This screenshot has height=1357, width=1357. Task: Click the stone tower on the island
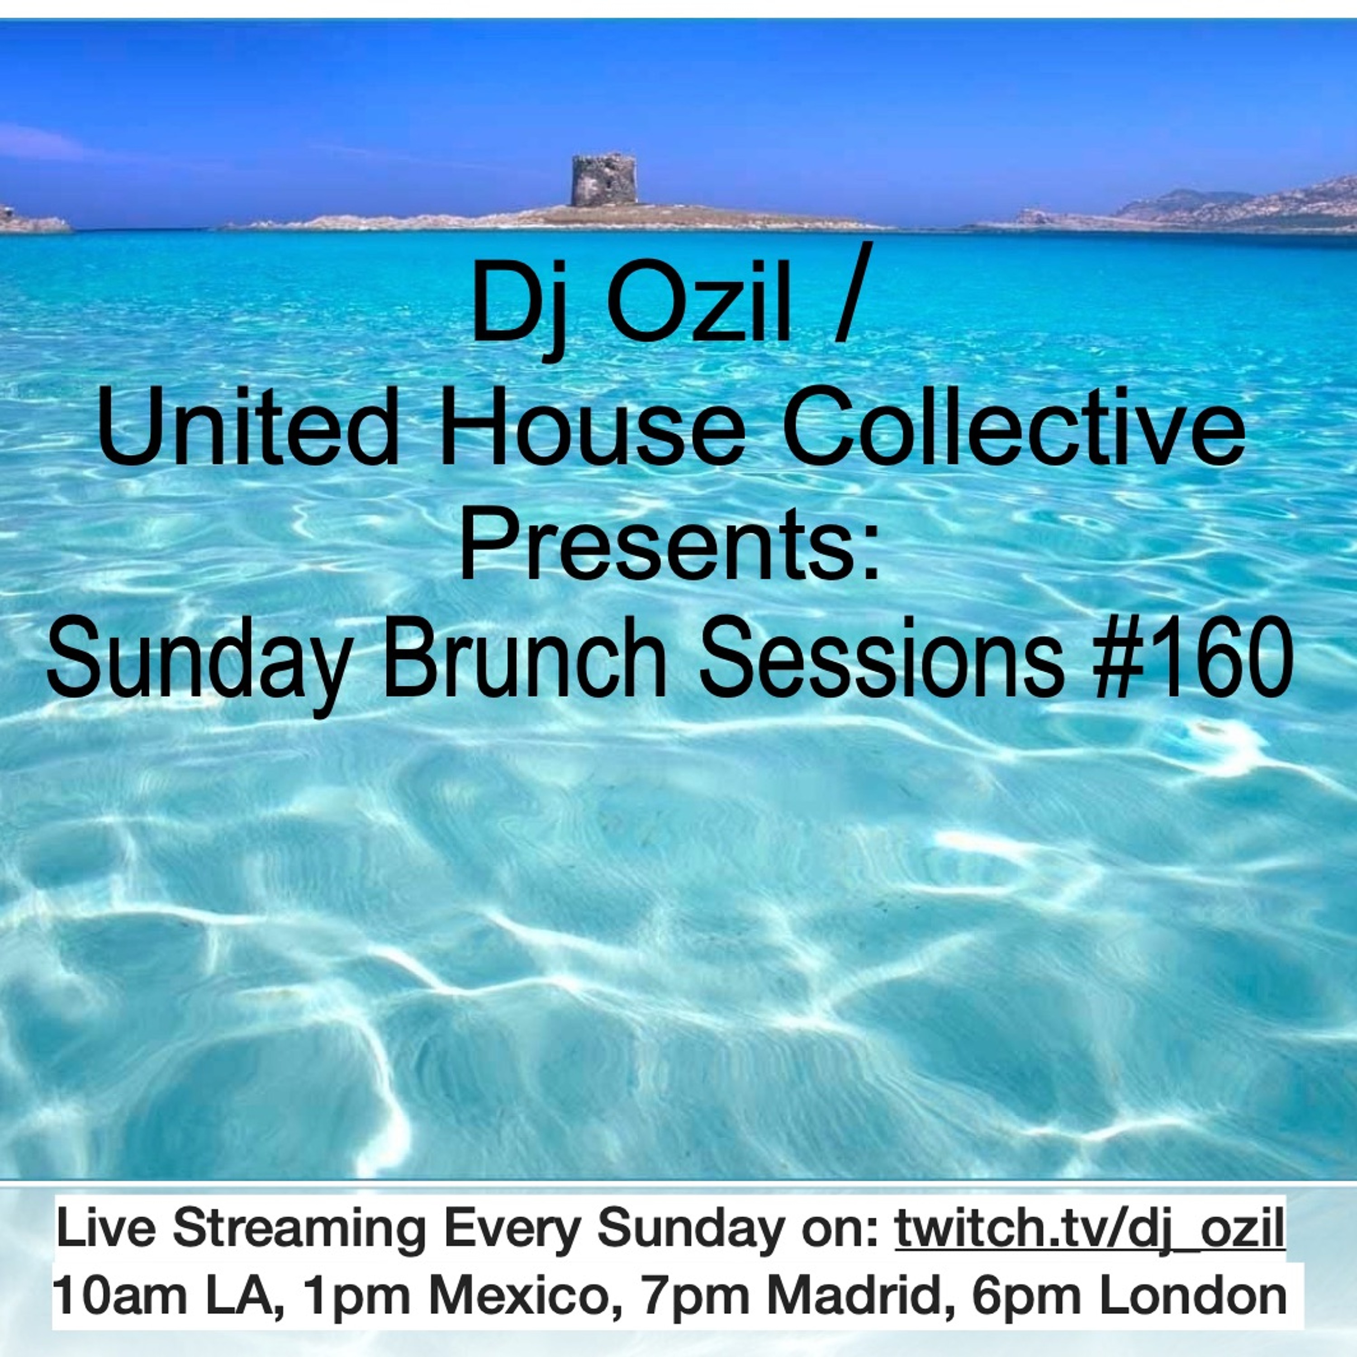(x=604, y=180)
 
